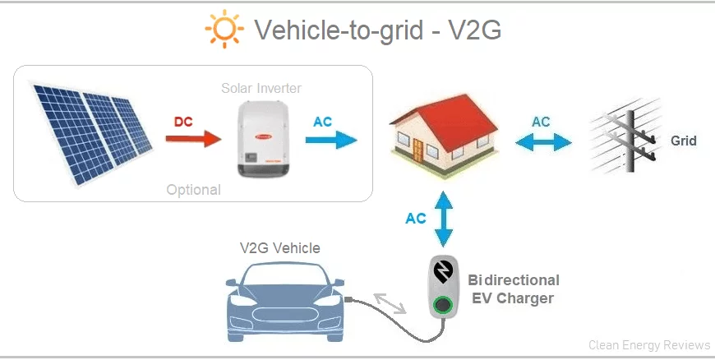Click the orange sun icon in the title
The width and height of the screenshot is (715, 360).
click(x=224, y=29)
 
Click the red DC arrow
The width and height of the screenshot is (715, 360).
click(x=193, y=138)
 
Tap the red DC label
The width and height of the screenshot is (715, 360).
click(x=183, y=122)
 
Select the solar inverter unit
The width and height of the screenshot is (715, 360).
click(x=264, y=138)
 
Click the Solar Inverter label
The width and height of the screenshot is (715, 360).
click(x=261, y=88)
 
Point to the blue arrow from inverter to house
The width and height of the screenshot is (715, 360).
click(x=331, y=140)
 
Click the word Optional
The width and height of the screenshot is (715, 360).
click(x=193, y=190)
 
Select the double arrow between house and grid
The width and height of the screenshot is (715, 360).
click(x=543, y=142)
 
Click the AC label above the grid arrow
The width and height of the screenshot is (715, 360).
click(x=541, y=122)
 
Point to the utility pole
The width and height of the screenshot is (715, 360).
click(x=630, y=141)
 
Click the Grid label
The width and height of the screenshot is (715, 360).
click(x=684, y=141)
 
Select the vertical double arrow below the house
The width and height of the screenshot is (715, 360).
click(x=443, y=219)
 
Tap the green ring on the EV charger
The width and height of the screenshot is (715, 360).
click(x=442, y=305)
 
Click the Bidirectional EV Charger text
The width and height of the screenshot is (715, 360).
click(x=514, y=288)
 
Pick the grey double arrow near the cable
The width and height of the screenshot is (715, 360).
click(x=390, y=303)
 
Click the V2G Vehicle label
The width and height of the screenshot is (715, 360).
click(x=280, y=247)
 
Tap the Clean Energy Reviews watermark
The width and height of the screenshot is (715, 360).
click(x=649, y=345)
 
